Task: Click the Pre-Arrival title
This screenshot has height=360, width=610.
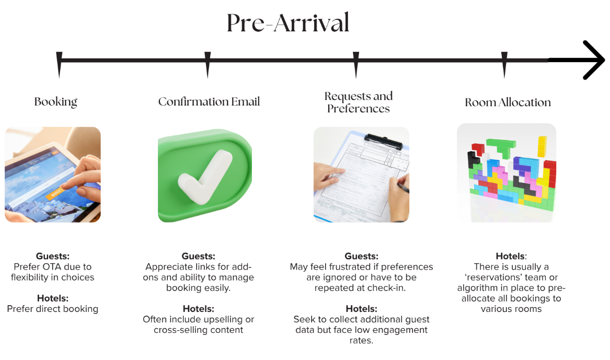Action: [288, 24]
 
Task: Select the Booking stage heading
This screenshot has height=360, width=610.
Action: [56, 102]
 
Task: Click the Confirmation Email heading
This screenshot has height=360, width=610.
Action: [209, 102]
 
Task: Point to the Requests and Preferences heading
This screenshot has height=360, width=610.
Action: [359, 102]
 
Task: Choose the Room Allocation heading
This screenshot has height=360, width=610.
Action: [508, 102]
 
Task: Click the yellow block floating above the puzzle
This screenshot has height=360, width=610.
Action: [542, 146]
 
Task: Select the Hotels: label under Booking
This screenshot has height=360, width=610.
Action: [53, 298]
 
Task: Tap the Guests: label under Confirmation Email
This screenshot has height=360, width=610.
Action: [199, 256]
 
